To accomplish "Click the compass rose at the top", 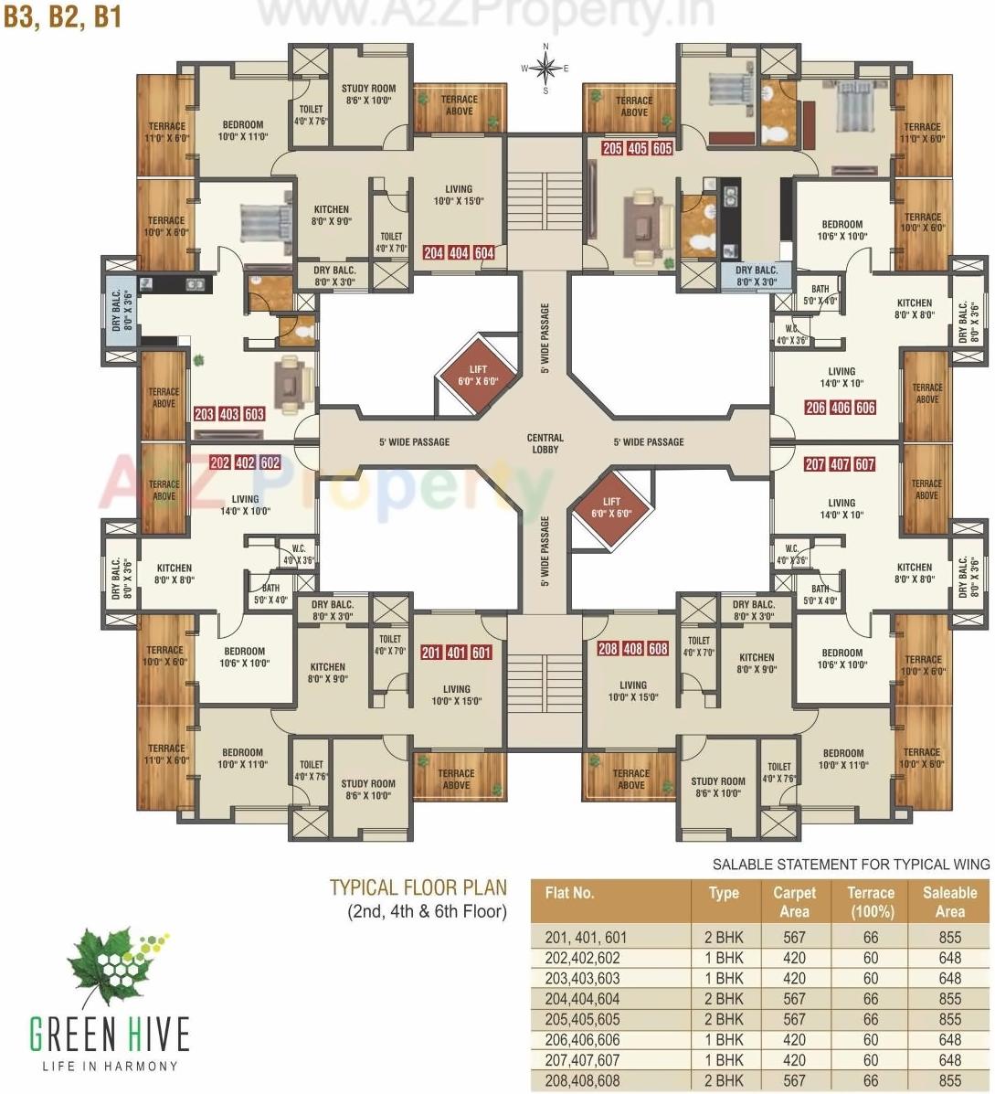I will coord(545,68).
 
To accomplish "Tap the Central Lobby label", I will coord(545,443).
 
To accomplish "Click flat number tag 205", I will coord(612,149).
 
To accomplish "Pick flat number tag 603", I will coord(254,414).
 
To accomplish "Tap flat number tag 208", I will coord(608,649).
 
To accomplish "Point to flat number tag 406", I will coord(841,408).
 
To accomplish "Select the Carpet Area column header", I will coord(794,901).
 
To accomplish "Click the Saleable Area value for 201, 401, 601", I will coord(949,938).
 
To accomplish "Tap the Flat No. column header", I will coord(569,893).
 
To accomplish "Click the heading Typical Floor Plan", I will coord(418,887).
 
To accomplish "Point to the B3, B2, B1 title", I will coord(62,16).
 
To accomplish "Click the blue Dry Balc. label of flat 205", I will coord(757,275).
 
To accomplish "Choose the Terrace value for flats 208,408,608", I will coord(870,1080).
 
